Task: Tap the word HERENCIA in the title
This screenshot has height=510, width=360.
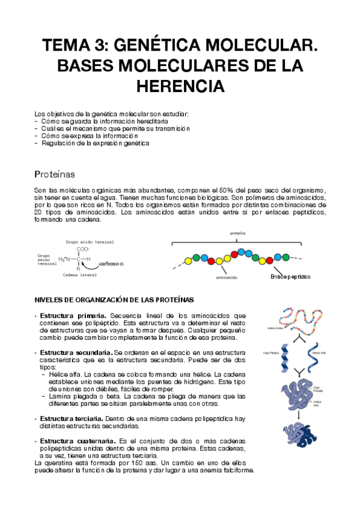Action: pyautogui.click(x=180, y=86)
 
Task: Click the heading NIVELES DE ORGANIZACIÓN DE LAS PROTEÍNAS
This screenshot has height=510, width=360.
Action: pyautogui.click(x=114, y=300)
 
